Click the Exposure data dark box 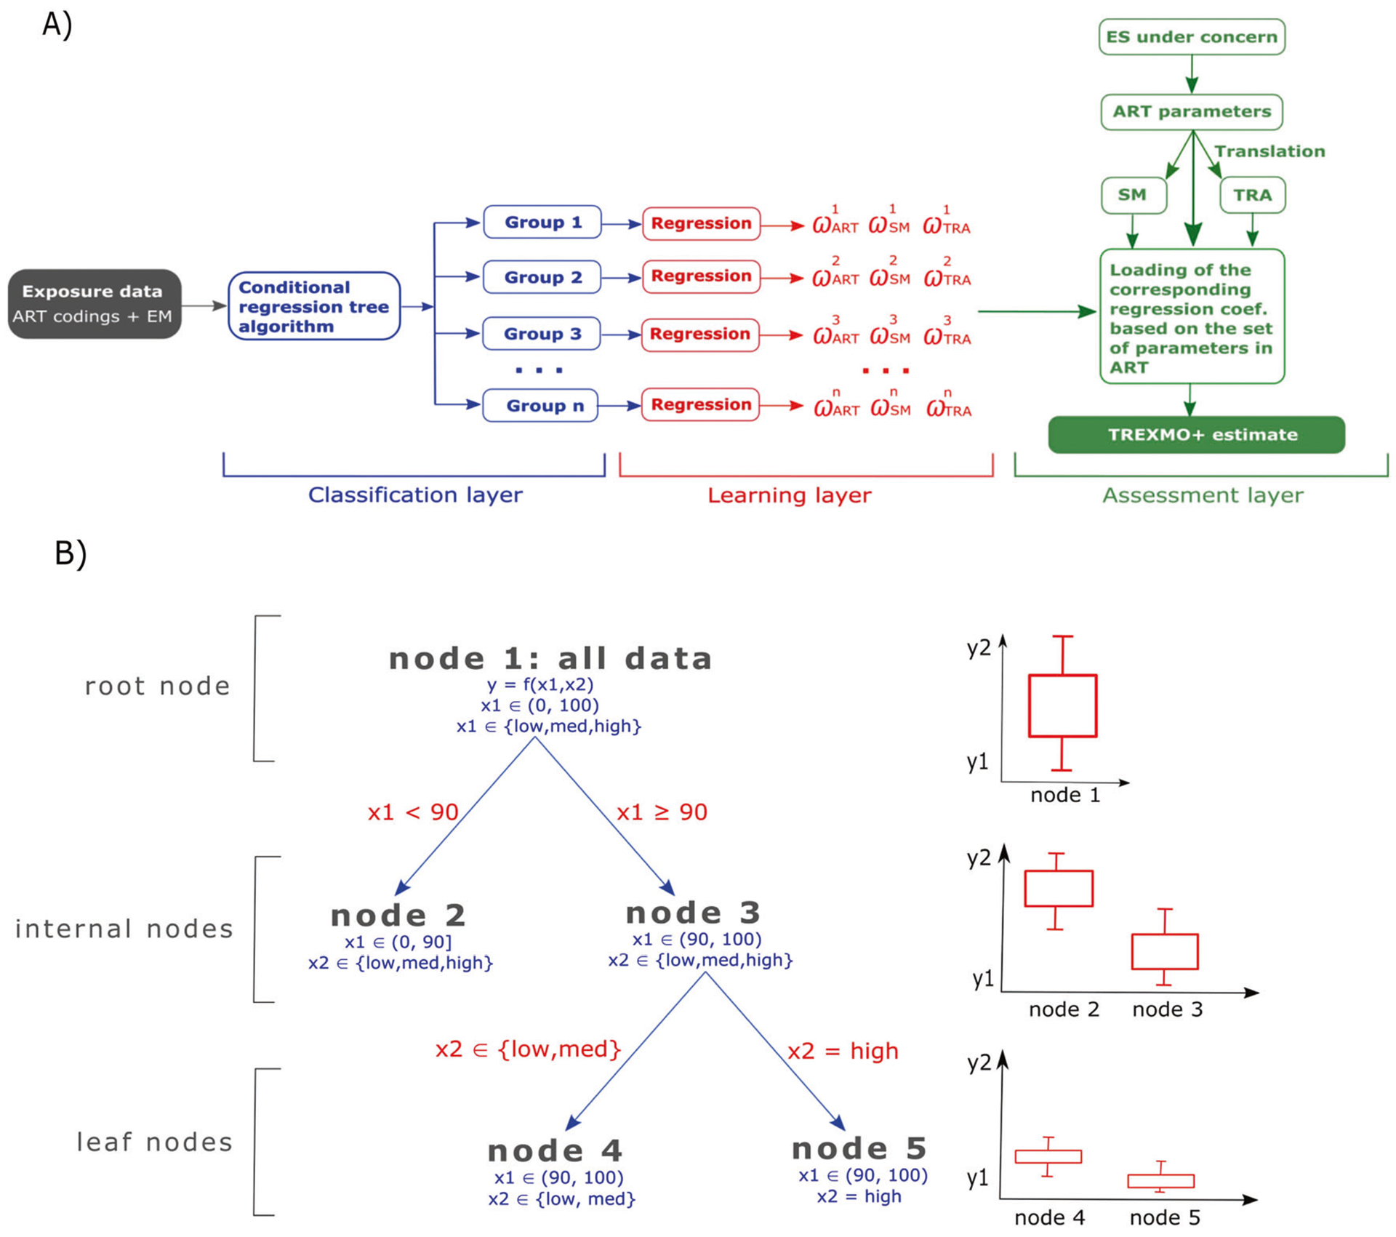coord(95,303)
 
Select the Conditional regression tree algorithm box coord(314,306)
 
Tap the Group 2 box coord(542,277)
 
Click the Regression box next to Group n coord(700,404)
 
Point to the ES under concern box coord(1191,37)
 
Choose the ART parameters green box coord(1191,112)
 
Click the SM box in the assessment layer coord(1133,195)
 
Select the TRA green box coord(1252,195)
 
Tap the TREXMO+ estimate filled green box coord(1196,434)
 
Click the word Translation coord(1269,151)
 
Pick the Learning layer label coord(789,495)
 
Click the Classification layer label coord(415,495)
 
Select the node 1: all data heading coord(550,658)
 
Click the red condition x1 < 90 coord(413,812)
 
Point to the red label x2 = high coord(843,1051)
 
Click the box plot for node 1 coord(1062,705)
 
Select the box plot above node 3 coord(1165,951)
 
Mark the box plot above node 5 coord(1160,1180)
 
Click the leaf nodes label coord(154,1142)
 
